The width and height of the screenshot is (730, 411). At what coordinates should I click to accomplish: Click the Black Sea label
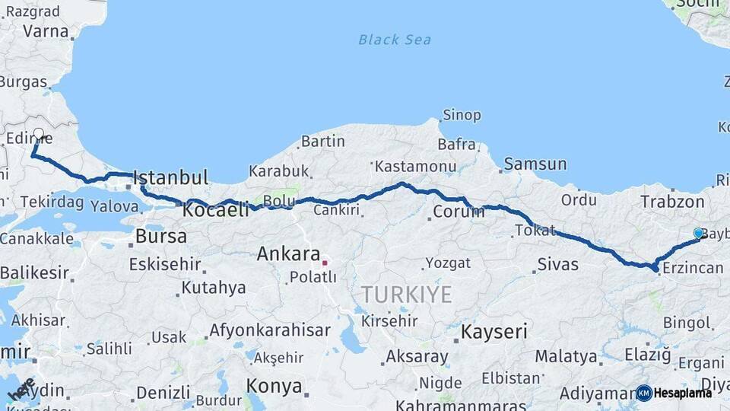click(x=395, y=40)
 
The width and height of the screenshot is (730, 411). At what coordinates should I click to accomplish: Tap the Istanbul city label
click(x=170, y=178)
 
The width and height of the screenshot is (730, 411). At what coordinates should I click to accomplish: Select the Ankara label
click(x=287, y=253)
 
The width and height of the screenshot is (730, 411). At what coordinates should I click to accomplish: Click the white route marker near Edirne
click(x=39, y=133)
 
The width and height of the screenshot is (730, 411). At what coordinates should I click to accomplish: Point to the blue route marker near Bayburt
click(x=698, y=233)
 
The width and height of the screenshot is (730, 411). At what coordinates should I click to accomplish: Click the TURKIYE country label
click(x=406, y=295)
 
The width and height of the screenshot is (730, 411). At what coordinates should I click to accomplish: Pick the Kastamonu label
click(x=415, y=166)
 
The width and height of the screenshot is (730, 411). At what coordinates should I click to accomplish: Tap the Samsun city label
click(x=535, y=164)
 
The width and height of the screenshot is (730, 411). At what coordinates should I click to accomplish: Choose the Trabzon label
click(x=672, y=202)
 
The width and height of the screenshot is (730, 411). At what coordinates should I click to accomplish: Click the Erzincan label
click(x=692, y=268)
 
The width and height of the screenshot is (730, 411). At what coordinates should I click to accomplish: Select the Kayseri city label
click(x=494, y=331)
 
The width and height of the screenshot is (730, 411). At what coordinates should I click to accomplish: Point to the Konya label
click(x=275, y=386)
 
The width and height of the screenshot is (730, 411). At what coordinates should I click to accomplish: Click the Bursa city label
click(x=160, y=236)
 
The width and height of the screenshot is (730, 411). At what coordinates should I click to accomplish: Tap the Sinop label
click(x=462, y=115)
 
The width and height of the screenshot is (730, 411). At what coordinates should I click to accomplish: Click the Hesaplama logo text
click(x=682, y=393)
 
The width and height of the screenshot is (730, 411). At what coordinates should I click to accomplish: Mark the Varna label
click(x=46, y=31)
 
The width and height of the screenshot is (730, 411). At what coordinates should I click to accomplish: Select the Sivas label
click(x=557, y=265)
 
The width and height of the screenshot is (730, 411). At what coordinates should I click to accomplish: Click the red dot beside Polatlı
click(x=325, y=263)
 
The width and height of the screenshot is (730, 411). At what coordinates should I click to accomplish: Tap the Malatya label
click(x=566, y=356)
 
